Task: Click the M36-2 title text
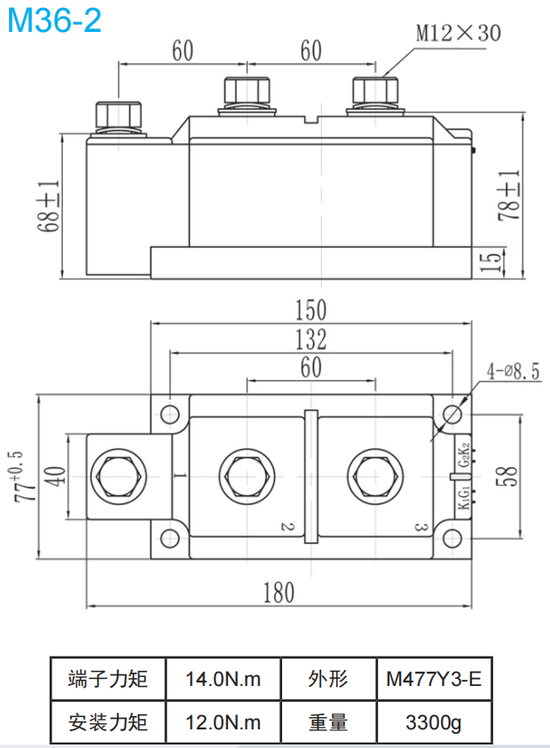54,19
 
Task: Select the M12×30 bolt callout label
459,34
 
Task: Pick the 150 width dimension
310,310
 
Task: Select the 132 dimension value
310,339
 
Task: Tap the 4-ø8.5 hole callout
512,371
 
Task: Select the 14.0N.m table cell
223,680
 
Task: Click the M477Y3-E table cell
433,680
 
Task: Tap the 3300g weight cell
433,722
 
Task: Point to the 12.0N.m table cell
223,722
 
